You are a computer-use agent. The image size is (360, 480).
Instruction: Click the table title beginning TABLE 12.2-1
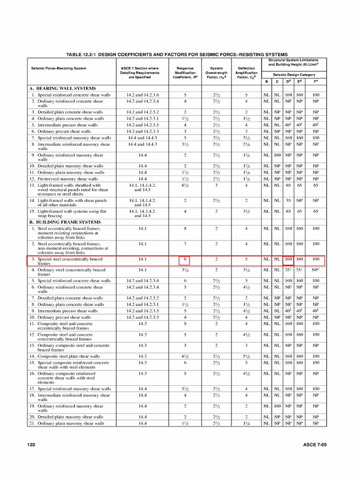pyautogui.click(x=177, y=54)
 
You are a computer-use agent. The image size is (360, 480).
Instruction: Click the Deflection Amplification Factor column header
pyautogui.click(x=247, y=73)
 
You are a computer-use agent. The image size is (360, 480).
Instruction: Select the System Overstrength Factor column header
pyautogui.click(x=216, y=73)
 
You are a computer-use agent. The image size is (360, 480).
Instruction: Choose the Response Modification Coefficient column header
pyautogui.click(x=185, y=73)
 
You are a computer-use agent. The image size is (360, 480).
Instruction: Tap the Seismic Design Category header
pyautogui.click(x=293, y=75)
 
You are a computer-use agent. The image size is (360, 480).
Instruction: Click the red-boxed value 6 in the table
pyautogui.click(x=185, y=259)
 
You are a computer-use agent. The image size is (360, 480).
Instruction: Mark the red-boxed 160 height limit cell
pyautogui.click(x=288, y=259)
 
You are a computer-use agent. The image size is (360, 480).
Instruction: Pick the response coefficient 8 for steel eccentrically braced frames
pyautogui.click(x=185, y=229)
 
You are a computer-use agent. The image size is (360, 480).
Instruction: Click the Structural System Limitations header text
pyautogui.click(x=293, y=62)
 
